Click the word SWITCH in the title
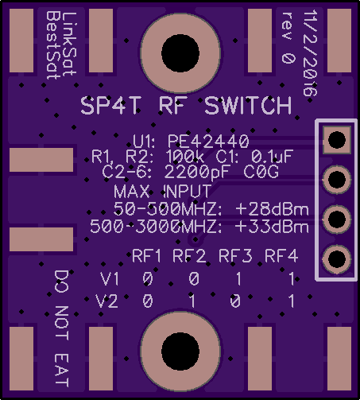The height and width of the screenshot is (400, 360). tap(248, 106)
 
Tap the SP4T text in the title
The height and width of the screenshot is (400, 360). tap(110, 106)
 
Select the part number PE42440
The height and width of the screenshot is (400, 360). tap(208, 142)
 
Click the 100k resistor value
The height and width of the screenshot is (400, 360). tap(185, 157)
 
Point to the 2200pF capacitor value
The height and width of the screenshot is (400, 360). tap(196, 172)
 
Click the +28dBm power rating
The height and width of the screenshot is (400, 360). tap(272, 209)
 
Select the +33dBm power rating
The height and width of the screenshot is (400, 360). tap(272, 227)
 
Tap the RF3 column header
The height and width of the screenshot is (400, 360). tap(235, 256)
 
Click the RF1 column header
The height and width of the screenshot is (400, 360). tap(146, 256)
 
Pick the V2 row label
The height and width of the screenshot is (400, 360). tap(106, 301)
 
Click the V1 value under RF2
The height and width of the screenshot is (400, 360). tap(194, 279)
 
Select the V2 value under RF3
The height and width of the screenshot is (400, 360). tap(235, 301)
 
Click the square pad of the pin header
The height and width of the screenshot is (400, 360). tap(337, 140)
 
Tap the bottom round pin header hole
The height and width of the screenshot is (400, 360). tap(337, 259)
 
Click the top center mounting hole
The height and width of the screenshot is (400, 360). tap(180, 53)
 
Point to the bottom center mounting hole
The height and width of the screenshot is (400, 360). tap(180, 351)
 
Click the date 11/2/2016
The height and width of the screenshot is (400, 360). tap(310, 53)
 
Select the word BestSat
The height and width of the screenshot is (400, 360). tap(53, 45)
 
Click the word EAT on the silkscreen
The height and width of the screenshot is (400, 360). tap(62, 370)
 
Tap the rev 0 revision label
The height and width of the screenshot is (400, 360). tap(288, 37)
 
